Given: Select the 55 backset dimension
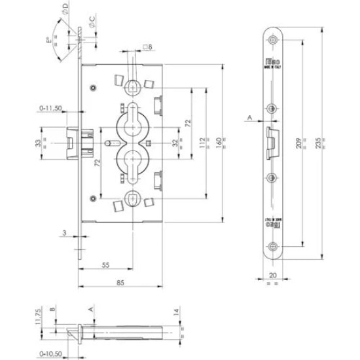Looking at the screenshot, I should coord(105,265).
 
